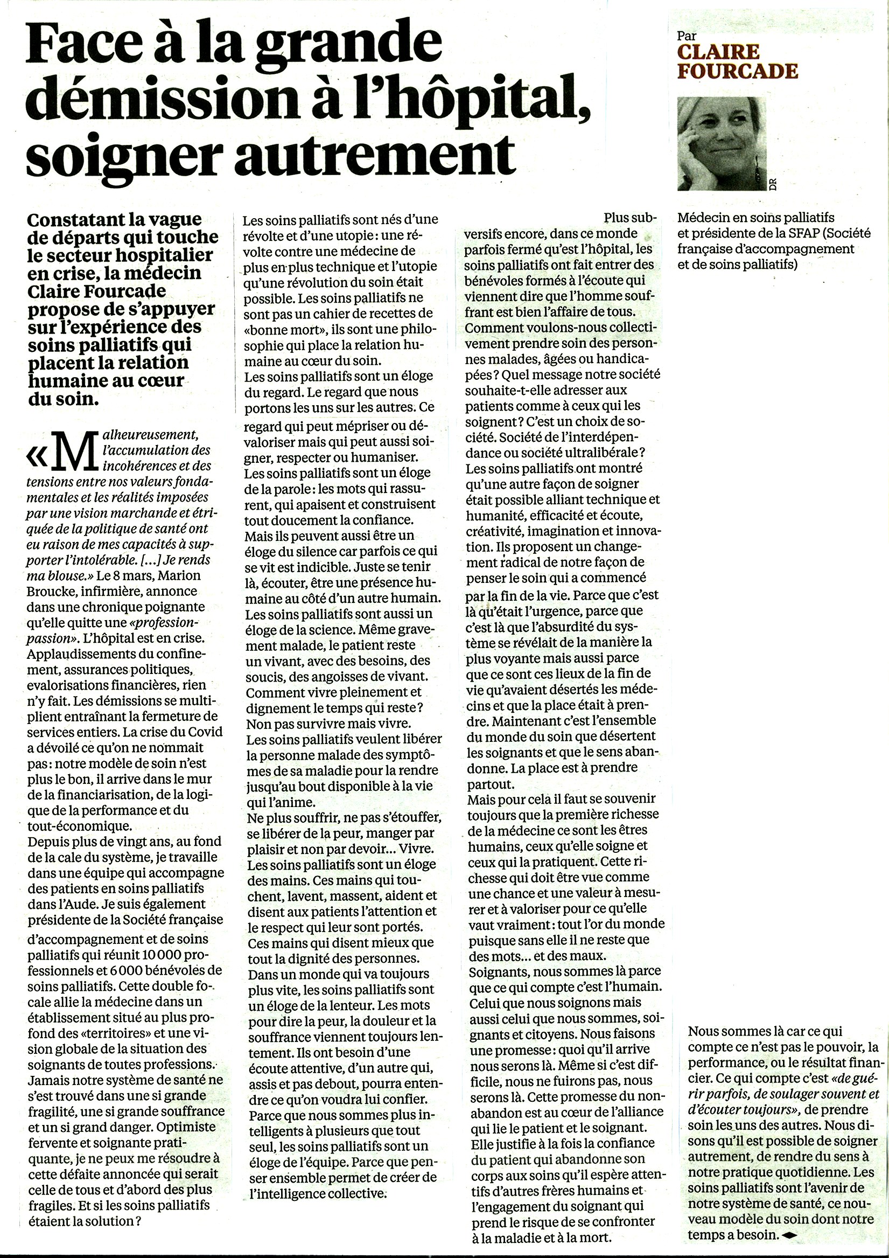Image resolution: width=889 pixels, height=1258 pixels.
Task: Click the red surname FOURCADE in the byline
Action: point(737,71)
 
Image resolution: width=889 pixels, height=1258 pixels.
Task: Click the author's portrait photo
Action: point(722,144)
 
